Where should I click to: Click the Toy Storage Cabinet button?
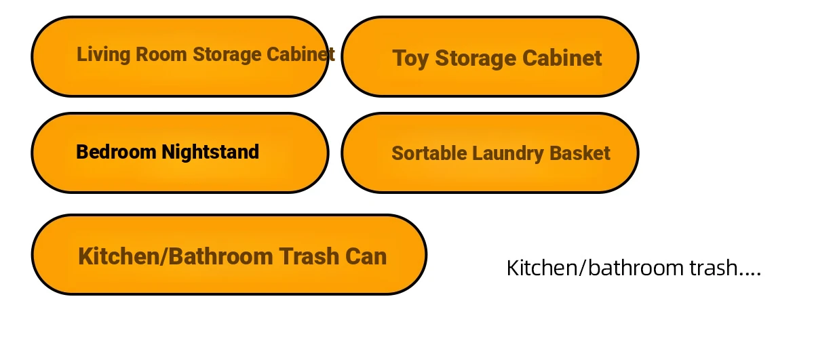(490, 57)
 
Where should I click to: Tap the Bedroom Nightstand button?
(180, 153)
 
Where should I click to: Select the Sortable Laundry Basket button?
(490, 153)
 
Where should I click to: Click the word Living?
(104, 55)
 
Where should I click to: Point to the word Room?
(161, 54)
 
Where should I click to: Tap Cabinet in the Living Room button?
(301, 54)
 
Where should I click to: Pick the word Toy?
(410, 59)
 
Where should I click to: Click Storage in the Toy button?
(476, 59)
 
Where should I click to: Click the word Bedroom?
(116, 152)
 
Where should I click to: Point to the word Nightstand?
(210, 153)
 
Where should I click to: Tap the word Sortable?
(429, 153)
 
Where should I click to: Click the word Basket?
(580, 153)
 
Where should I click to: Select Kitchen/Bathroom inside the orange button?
(176, 256)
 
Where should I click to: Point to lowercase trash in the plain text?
(713, 268)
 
